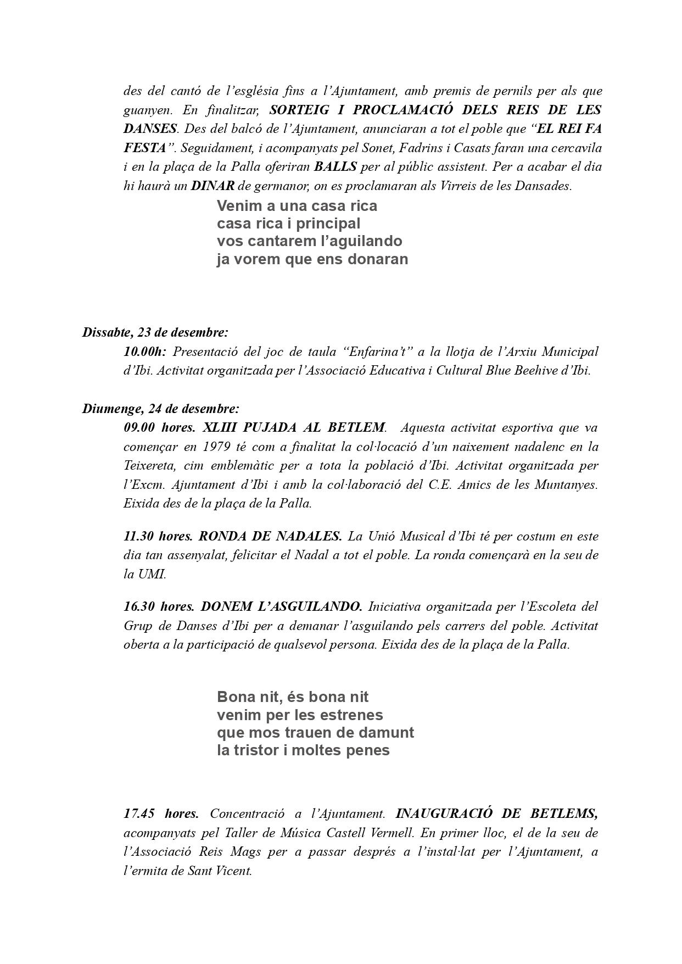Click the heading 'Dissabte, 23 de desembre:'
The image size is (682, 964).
[x=155, y=332]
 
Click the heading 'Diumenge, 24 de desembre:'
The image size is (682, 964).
[x=160, y=409]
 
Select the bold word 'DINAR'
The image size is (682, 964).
[x=213, y=186]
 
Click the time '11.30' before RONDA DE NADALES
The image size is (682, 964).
[x=138, y=536]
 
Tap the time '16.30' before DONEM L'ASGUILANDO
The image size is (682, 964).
[x=138, y=607]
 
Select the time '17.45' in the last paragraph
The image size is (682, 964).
[x=138, y=813]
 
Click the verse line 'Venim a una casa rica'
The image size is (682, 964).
[x=297, y=207]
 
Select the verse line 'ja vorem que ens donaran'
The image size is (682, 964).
[x=312, y=259]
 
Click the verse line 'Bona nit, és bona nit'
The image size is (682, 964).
[x=293, y=698]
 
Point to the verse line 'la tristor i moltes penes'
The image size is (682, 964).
[x=303, y=750]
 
